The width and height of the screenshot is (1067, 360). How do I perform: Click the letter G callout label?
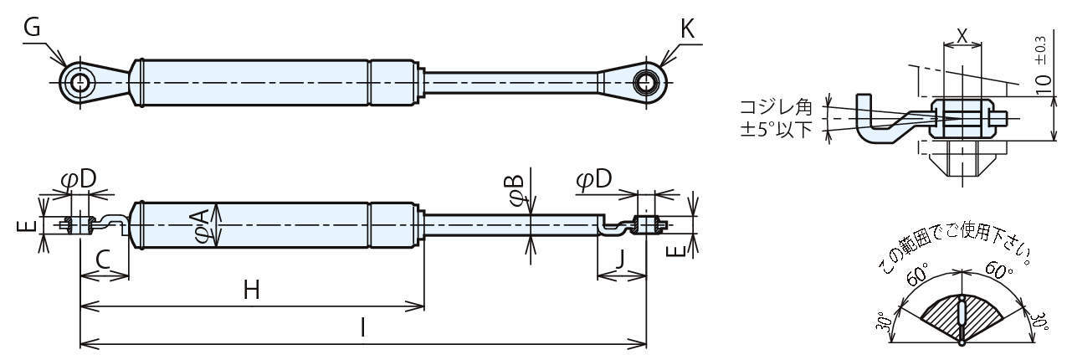pos(33,28)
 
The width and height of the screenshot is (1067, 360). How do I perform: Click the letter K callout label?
pos(687,28)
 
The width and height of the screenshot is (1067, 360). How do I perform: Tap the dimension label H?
pos(251,290)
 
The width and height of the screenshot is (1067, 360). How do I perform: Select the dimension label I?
pos(362,327)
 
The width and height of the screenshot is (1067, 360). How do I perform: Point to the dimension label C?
pos(103,261)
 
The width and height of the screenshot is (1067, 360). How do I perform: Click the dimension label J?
pos(619,260)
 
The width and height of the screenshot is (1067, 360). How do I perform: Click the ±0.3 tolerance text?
pos(1041,50)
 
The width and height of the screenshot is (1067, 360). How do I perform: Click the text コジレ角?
pos(777,108)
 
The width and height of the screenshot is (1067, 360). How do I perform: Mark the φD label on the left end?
pos(79,179)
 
